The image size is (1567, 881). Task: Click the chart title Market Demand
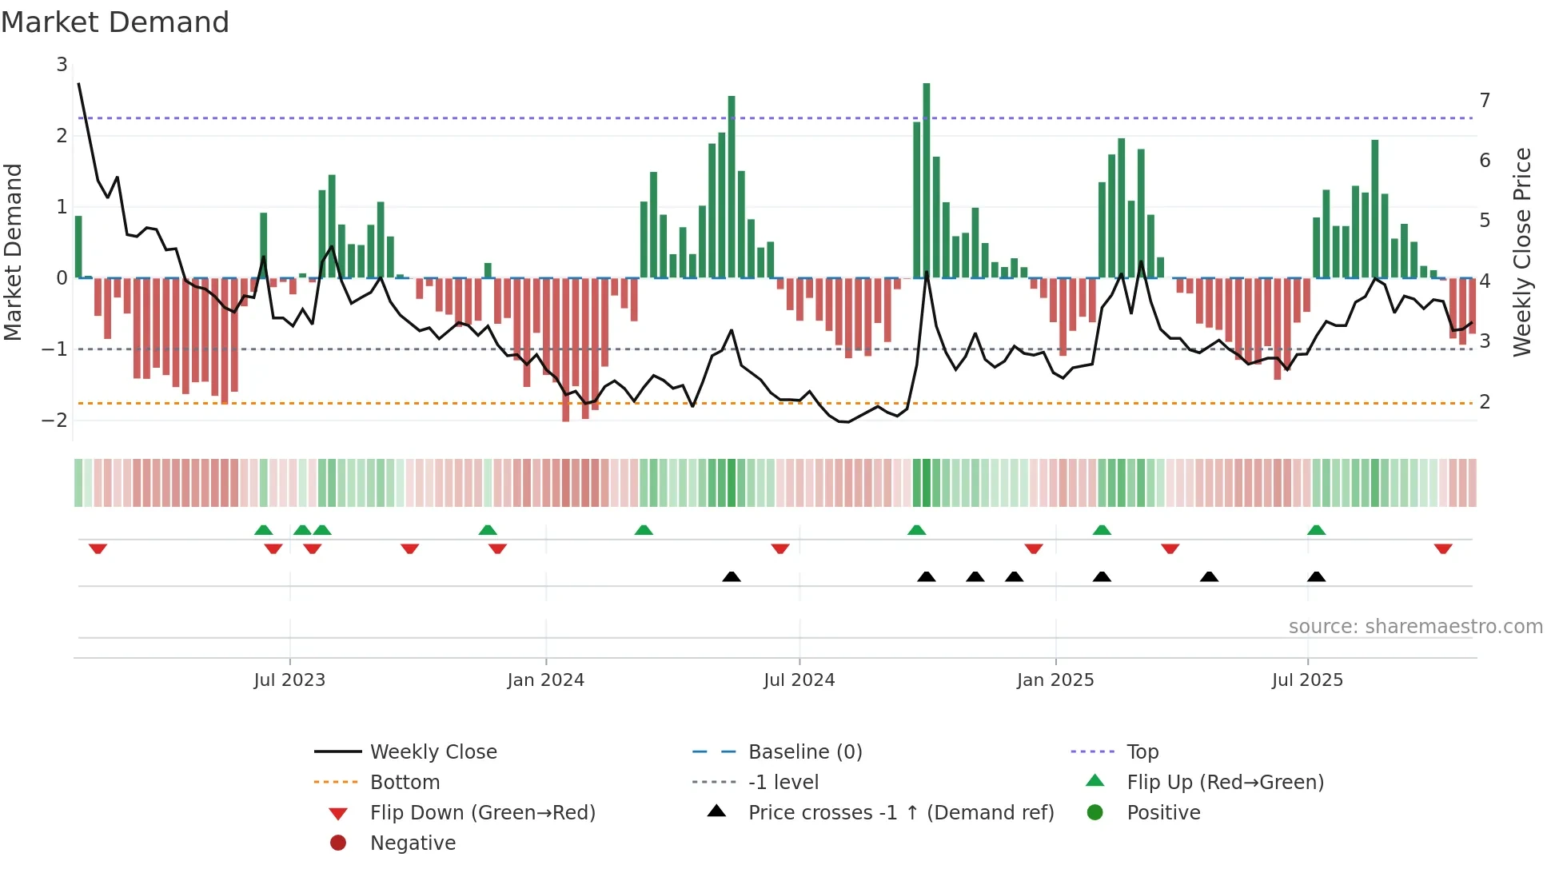(x=115, y=22)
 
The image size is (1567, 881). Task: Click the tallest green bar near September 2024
(x=927, y=180)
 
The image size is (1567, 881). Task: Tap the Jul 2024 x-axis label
(x=799, y=680)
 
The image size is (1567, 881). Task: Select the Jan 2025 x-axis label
(x=1055, y=680)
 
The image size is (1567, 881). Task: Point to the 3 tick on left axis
(x=62, y=64)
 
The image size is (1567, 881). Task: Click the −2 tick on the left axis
(x=55, y=420)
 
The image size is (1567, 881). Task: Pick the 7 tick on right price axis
(x=1485, y=101)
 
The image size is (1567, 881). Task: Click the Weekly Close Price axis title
(x=1523, y=252)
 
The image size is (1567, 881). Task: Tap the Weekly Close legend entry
(x=433, y=751)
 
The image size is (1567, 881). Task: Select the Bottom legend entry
(x=405, y=782)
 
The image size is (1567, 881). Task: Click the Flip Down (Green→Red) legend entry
(x=482, y=812)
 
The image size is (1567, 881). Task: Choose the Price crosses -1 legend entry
(x=900, y=812)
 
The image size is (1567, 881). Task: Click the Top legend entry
(x=1142, y=751)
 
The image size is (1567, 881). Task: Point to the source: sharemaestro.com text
(x=1415, y=626)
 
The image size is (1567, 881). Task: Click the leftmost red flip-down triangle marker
(x=98, y=548)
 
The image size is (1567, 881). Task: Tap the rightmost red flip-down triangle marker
(x=1443, y=548)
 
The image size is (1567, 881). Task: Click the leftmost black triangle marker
(x=731, y=576)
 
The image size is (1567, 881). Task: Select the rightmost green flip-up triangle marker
(x=1316, y=530)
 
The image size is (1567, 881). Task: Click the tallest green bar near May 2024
(x=732, y=188)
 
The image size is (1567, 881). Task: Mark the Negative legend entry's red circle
(x=338, y=843)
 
